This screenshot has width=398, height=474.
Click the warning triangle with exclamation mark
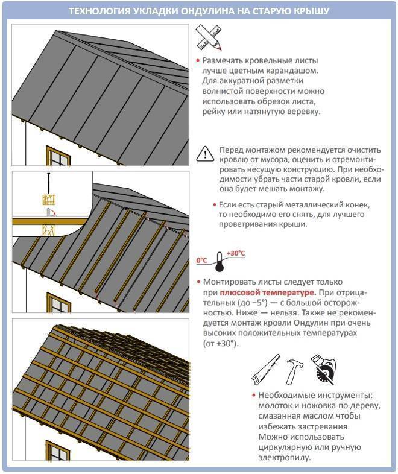point(206,154)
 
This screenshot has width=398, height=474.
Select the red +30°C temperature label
point(235,253)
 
